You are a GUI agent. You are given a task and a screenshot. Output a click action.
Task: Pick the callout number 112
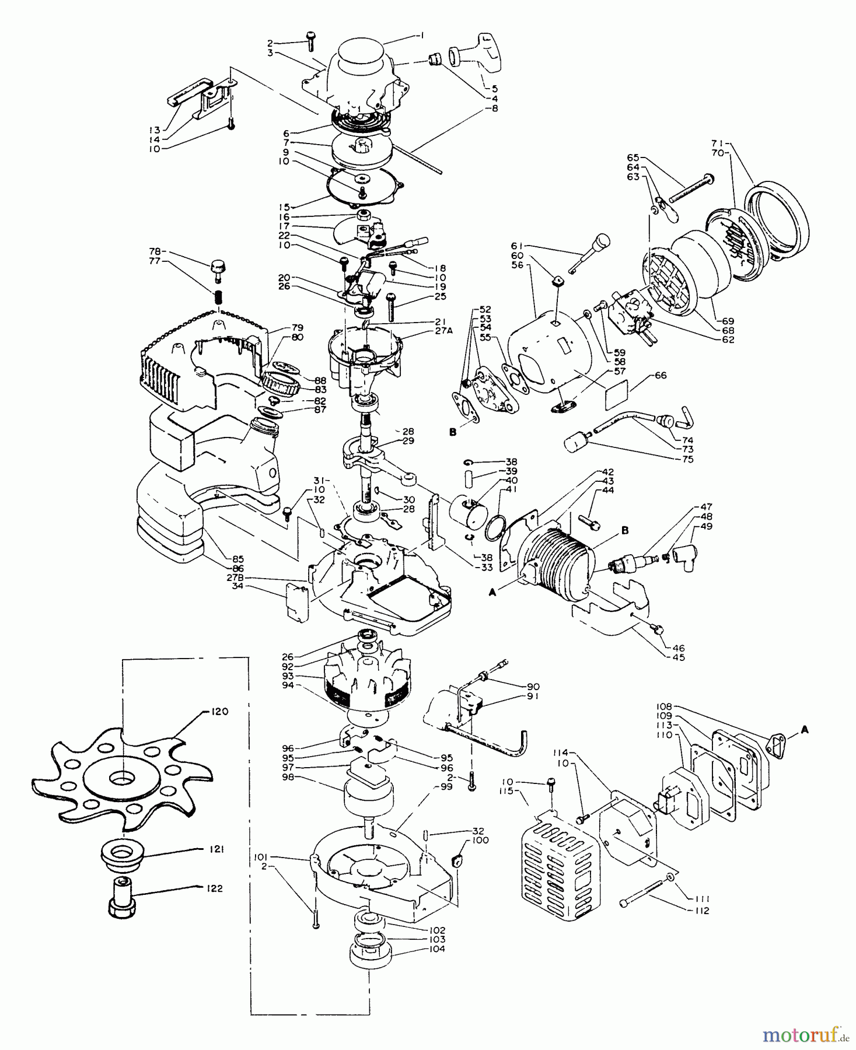pyautogui.click(x=702, y=911)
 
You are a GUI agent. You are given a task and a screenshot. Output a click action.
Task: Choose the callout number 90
pyautogui.click(x=532, y=686)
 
